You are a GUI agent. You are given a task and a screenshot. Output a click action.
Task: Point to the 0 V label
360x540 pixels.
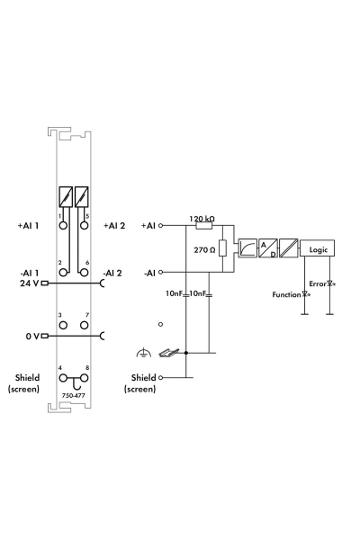tap(31, 336)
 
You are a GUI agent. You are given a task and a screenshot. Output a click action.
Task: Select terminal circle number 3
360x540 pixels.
tap(64, 324)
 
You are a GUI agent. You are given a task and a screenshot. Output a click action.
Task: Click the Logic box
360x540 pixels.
tap(319, 248)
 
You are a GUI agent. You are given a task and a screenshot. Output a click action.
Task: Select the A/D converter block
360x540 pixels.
tap(267, 248)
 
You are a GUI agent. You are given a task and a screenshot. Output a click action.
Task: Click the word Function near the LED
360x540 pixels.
tap(288, 294)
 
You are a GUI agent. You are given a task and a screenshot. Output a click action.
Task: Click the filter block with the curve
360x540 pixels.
tap(244, 248)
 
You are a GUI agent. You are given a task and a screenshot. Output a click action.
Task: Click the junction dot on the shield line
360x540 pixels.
tap(185, 354)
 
